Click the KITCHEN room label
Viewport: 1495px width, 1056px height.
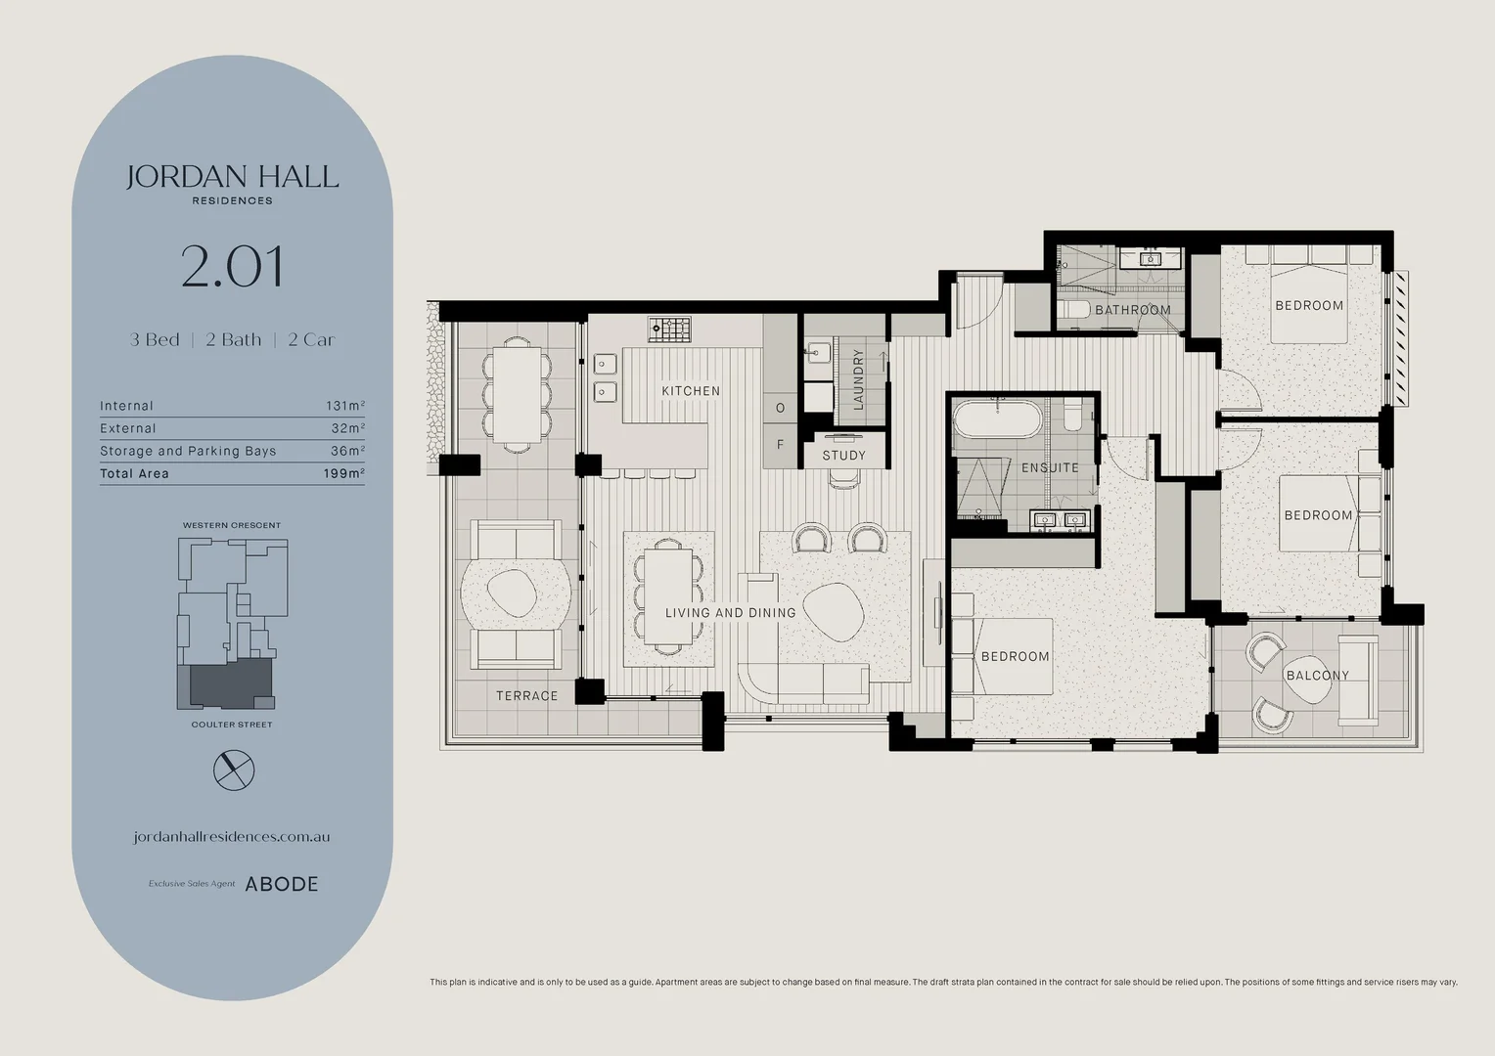691,391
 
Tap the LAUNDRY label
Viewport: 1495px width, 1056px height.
858,379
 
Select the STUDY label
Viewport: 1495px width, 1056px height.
843,456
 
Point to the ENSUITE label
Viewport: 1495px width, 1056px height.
1050,467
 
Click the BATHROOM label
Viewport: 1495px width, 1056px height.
1133,310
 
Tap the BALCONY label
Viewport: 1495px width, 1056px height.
1318,675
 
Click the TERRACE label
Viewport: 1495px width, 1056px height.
526,696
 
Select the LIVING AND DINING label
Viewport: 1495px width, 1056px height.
730,612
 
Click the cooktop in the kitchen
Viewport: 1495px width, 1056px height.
669,329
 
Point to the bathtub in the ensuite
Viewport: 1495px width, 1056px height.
997,418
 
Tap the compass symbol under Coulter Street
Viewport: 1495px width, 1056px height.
234,770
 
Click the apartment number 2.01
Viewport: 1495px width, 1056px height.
232,267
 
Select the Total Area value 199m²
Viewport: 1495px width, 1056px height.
344,473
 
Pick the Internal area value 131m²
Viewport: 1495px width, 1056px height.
345,406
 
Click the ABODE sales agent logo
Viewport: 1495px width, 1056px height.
281,884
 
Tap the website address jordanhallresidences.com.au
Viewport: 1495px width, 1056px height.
232,837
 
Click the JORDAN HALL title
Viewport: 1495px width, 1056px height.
232,177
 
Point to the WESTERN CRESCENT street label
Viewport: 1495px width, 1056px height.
232,525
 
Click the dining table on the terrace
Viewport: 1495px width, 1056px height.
518,395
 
